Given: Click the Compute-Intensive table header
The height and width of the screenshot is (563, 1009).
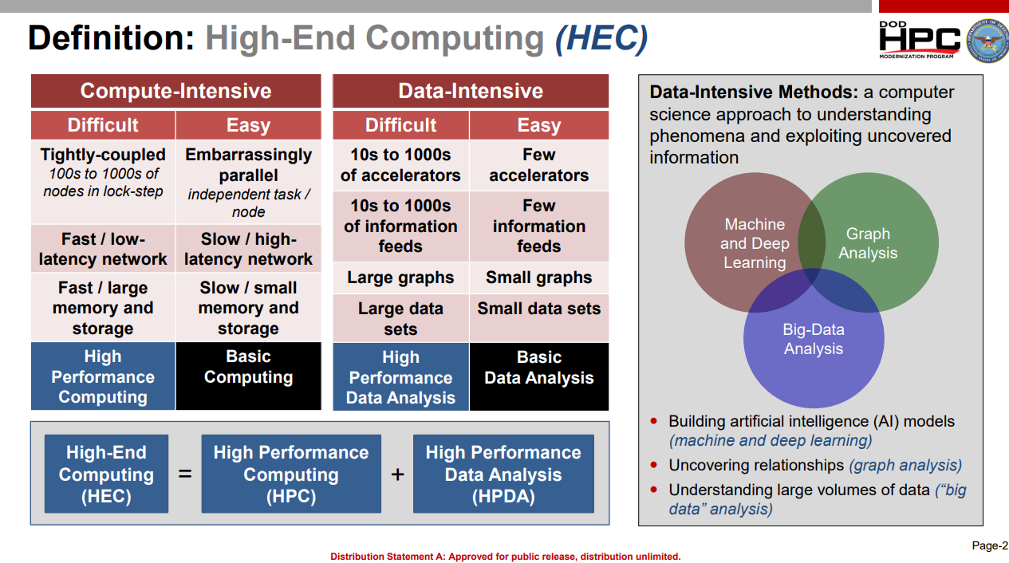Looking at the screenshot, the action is point(175,91).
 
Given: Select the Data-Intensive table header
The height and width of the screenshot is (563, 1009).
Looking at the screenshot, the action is point(471,91).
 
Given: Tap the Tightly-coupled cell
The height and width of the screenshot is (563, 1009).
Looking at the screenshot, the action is point(103,182).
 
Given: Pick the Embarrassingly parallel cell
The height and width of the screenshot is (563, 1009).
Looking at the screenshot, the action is point(248,182).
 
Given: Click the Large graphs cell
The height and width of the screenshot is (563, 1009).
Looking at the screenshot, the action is point(400,278).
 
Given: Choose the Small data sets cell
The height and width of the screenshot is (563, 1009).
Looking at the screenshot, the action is point(538,318).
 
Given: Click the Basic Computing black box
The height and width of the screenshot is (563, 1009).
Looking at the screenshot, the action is point(248,376).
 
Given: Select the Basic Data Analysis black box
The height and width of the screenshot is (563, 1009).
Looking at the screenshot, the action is point(538,376).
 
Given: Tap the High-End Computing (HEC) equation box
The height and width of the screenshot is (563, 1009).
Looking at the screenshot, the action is point(106,474).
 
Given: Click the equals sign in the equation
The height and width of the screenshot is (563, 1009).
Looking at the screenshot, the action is point(185,474).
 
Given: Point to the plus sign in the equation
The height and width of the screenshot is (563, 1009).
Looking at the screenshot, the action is point(397,474).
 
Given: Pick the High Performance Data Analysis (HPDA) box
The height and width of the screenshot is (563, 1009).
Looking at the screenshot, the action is point(503,474).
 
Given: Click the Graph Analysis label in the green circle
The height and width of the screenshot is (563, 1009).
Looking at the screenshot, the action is point(868,243).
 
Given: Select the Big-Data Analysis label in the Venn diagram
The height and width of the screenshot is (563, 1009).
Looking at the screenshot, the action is point(814,339).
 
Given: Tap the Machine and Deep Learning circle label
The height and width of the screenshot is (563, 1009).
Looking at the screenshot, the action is point(755,243).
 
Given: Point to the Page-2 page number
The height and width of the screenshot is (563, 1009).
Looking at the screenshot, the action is point(990,545).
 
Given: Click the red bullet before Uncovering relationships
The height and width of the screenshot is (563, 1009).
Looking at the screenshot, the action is point(653,464).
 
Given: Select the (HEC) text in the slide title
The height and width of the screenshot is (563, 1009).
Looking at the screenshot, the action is point(601,39).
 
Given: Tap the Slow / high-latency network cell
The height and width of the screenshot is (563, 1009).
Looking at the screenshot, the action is point(248,249).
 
